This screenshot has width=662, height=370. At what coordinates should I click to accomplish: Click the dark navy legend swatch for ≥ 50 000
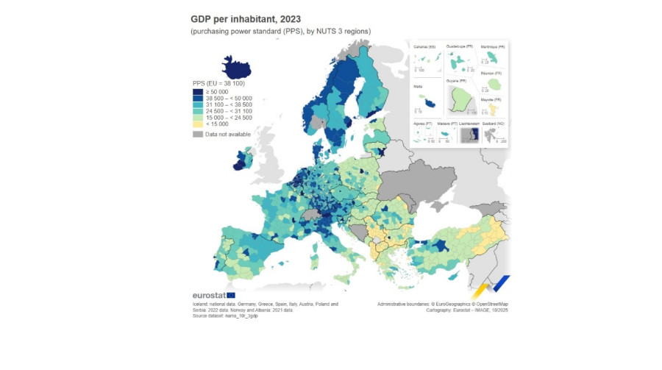click(198, 91)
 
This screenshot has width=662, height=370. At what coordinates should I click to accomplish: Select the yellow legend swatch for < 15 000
click(198, 124)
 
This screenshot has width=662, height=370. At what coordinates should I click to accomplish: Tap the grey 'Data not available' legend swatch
click(198, 134)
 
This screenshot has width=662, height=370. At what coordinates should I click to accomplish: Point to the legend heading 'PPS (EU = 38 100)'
click(218, 84)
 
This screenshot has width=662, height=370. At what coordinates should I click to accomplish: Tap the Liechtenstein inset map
click(469, 135)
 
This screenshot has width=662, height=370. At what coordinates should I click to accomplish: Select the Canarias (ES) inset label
click(424, 46)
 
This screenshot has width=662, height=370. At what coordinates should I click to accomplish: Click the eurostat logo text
click(208, 295)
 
